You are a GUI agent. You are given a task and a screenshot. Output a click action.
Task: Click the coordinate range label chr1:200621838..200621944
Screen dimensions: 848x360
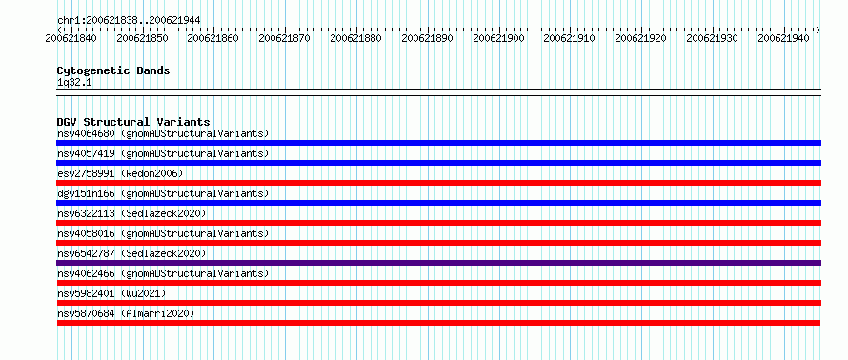coord(129,21)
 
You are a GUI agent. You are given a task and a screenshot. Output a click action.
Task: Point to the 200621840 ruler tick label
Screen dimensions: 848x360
coord(71,38)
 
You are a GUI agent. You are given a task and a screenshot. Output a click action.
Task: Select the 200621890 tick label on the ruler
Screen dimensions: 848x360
coord(427,38)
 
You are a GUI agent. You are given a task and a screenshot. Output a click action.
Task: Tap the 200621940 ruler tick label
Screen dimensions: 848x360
coord(783,38)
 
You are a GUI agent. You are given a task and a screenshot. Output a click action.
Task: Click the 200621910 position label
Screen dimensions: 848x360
coord(570,38)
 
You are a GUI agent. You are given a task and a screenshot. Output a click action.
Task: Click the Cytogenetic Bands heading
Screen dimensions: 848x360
coord(113,70)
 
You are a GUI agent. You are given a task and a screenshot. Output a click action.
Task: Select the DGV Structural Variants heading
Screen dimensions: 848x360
coord(133,122)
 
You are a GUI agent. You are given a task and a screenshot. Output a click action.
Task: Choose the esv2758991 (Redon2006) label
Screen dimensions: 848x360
coord(120,173)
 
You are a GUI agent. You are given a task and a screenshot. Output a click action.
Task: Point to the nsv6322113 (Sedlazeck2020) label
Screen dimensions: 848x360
coord(131,213)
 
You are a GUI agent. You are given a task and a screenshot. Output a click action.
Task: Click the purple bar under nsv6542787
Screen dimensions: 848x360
coord(438,263)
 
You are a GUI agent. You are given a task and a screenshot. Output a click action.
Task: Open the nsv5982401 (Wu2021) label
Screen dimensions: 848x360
coord(111,293)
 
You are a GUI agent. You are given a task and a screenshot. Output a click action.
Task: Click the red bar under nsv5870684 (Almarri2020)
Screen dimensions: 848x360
coord(438,323)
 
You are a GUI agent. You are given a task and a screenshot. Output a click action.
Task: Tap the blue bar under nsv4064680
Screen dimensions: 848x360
coord(438,143)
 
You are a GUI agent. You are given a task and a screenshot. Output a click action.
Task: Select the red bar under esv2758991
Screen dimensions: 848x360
coord(438,183)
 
